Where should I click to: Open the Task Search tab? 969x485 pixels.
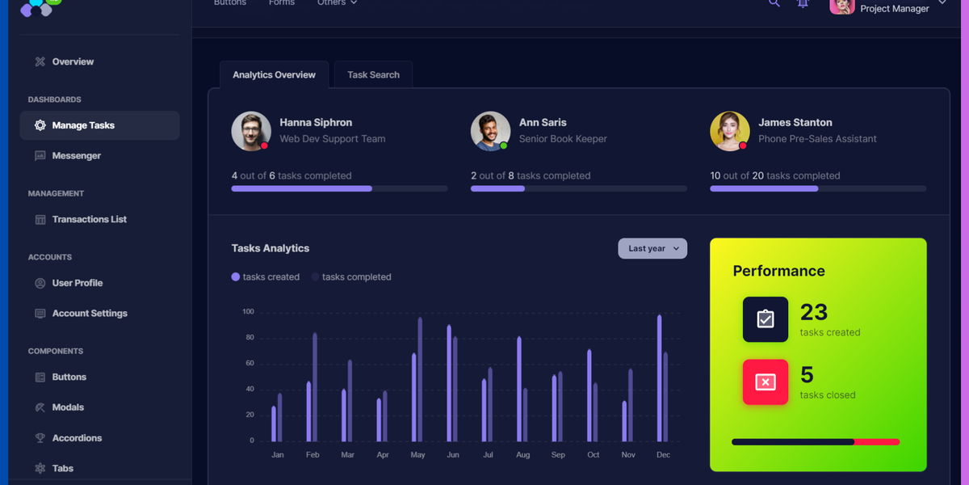point(373,74)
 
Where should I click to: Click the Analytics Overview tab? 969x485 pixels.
point(274,74)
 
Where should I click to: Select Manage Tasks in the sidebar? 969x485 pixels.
point(83,125)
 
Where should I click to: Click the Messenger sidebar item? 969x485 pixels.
point(76,155)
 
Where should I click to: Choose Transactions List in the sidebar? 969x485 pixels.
point(89,219)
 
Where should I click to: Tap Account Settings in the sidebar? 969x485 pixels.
point(90,313)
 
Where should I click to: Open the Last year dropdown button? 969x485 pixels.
point(652,248)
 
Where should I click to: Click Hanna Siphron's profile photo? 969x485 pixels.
point(251,131)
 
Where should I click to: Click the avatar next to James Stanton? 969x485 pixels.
point(729,131)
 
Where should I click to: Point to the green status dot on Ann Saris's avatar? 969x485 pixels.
point(503,145)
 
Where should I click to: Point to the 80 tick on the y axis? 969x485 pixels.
point(250,337)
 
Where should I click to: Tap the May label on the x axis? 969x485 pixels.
point(417,454)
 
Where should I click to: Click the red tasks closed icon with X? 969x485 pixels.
point(765,382)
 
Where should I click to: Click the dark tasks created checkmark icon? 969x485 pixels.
point(765,319)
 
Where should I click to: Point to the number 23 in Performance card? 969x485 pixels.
point(814,312)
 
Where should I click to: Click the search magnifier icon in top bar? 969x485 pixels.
point(774,3)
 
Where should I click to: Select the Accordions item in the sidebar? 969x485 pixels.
point(77,437)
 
